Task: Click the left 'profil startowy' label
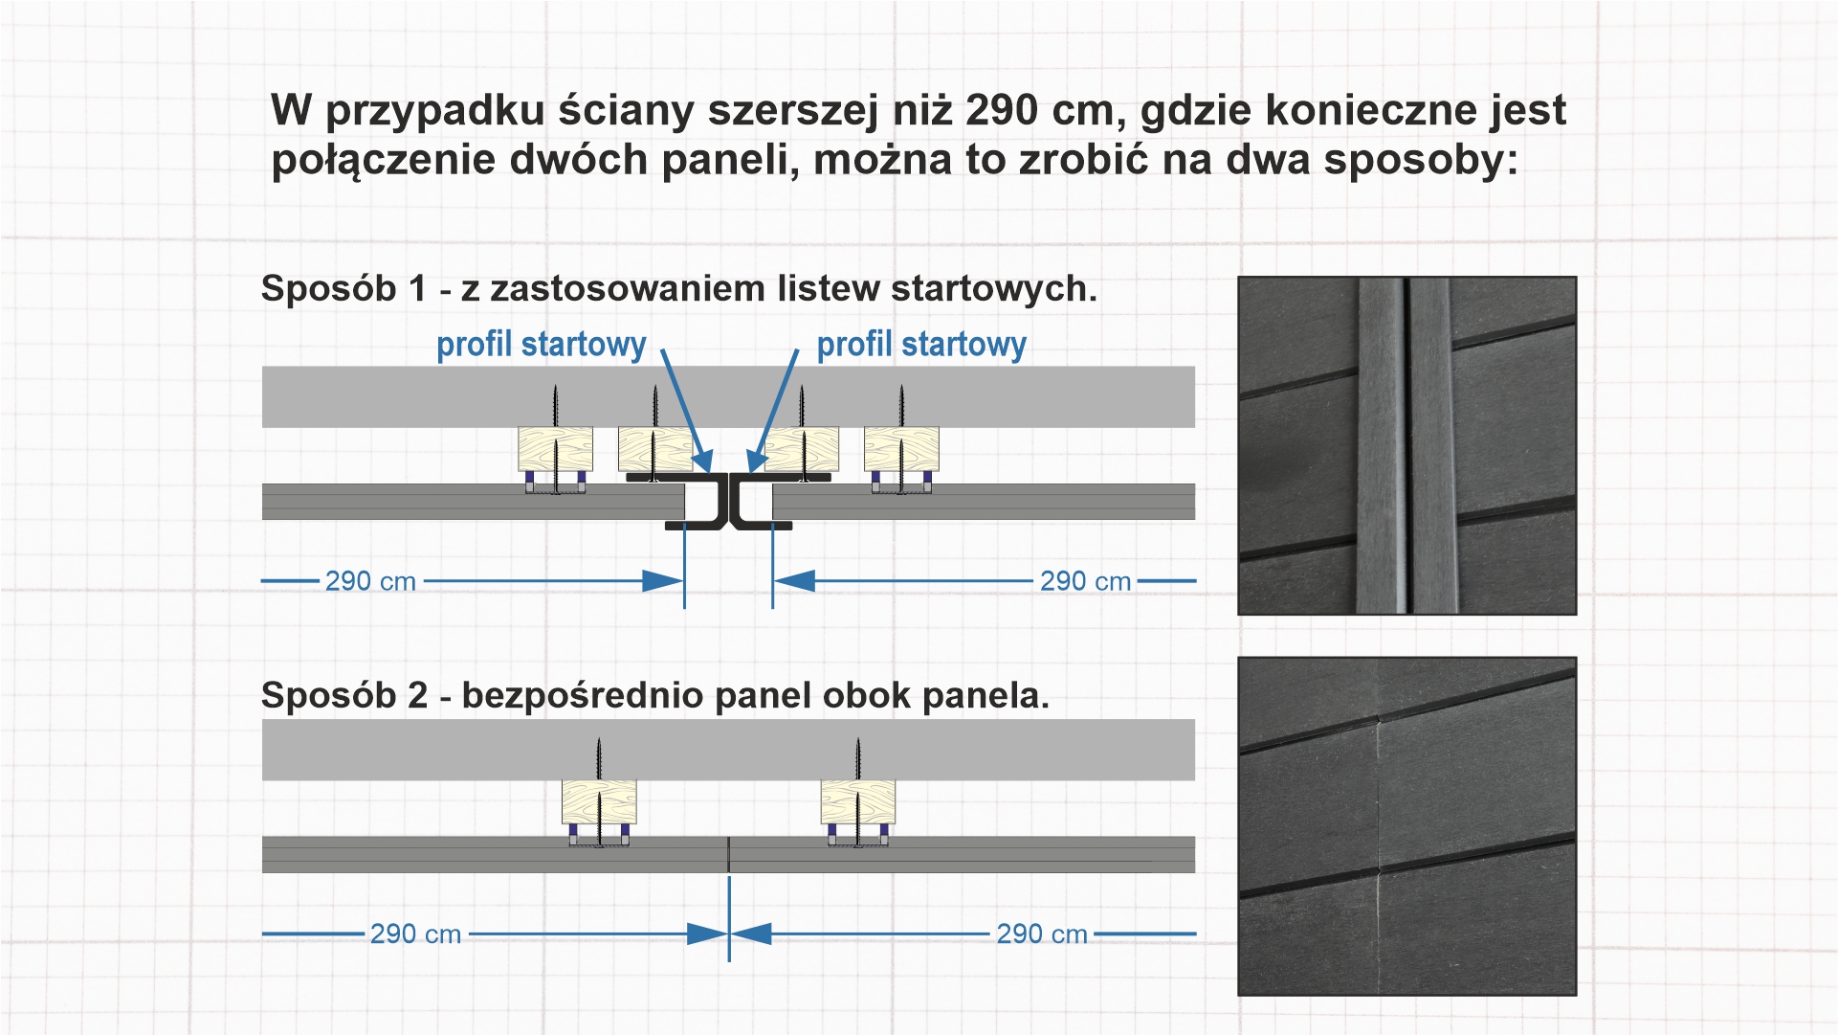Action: pyautogui.click(x=541, y=344)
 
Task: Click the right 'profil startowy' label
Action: pyautogui.click(x=920, y=344)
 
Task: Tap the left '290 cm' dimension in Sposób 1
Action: pyautogui.click(x=370, y=581)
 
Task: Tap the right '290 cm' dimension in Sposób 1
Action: pyautogui.click(x=1085, y=581)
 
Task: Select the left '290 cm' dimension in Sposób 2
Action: pyautogui.click(x=415, y=934)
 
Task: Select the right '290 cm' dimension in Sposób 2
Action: pyautogui.click(x=1042, y=934)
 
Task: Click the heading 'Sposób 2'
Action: pyautogui.click(x=343, y=695)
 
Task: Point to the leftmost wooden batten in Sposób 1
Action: pyautogui.click(x=555, y=448)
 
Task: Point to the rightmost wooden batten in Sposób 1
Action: pyautogui.click(x=901, y=448)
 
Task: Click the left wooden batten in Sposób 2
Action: pyautogui.click(x=599, y=801)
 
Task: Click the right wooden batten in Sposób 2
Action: pyautogui.click(x=858, y=801)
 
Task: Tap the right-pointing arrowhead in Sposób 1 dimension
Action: pyautogui.click(x=662, y=581)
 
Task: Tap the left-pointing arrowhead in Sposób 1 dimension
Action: pyautogui.click(x=794, y=581)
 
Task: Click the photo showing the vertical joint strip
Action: pyautogui.click(x=1406, y=445)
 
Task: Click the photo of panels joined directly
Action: pyautogui.click(x=1406, y=825)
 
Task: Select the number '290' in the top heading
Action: pyautogui.click(x=1002, y=110)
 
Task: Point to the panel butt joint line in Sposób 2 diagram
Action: pyautogui.click(x=729, y=854)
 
